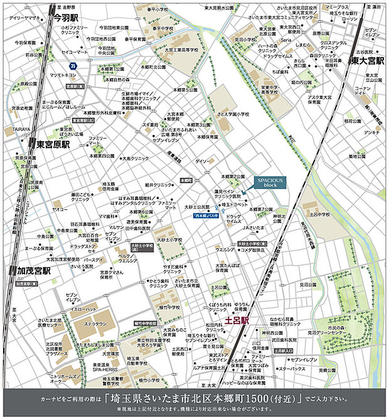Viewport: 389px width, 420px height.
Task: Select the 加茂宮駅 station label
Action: pos(35,271)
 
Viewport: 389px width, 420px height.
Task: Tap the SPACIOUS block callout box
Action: pos(269,183)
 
